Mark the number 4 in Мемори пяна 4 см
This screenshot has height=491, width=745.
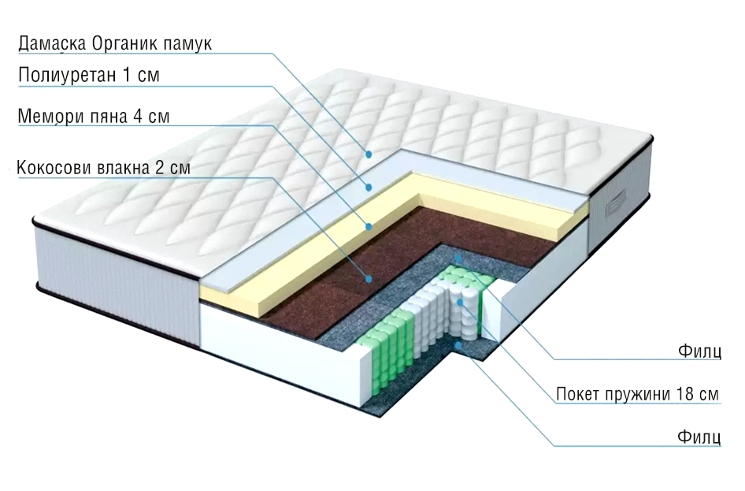pos(138,117)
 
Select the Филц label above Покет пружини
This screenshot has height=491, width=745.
pos(699,352)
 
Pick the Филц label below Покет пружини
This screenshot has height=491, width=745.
pos(699,437)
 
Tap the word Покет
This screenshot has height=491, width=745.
pos(576,393)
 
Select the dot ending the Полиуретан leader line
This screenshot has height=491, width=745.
pos(367,187)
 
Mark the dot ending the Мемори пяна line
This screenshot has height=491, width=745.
pos(367,226)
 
